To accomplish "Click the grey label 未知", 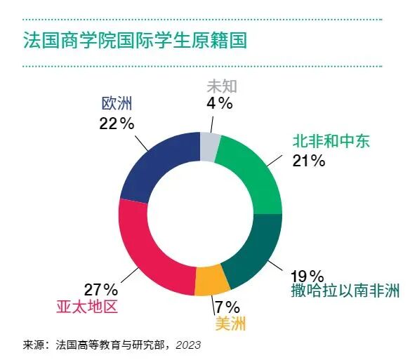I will tap(221, 86).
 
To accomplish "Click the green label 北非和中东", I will tap(331, 142).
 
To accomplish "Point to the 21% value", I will tap(309, 161).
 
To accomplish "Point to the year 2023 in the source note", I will tap(188, 345).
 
